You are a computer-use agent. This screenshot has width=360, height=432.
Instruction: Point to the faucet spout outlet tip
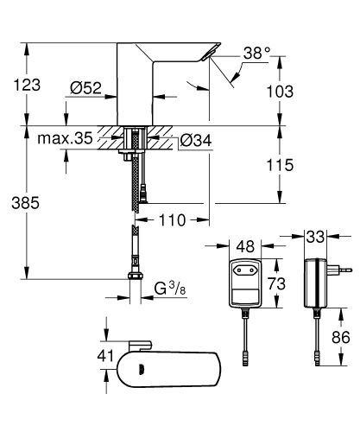coord(212,55)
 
